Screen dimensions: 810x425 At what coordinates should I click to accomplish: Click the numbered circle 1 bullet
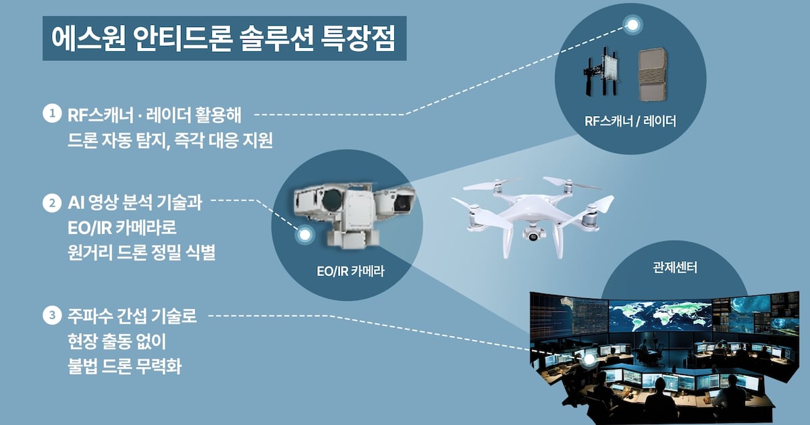coord(52,113)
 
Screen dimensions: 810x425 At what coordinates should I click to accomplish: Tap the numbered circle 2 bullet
coord(52,203)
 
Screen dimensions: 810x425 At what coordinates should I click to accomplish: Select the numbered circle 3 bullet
coord(52,315)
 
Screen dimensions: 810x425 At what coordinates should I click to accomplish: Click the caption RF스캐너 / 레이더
coord(630,121)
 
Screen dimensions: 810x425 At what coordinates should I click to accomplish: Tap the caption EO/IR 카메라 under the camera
coord(350,271)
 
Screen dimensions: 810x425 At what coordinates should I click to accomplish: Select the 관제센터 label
coord(675,268)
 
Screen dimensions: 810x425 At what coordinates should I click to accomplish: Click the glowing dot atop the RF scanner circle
coord(632,25)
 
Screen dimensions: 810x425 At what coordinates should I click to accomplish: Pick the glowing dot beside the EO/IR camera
coord(305,235)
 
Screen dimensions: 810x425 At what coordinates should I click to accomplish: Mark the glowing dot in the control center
coord(589,359)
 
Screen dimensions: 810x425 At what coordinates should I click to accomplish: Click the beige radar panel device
coord(653,75)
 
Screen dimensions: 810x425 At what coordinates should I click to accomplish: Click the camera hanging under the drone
coord(534,235)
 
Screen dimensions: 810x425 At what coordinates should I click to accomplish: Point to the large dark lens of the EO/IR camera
coord(332,200)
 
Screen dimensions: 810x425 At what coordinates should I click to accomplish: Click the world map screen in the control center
coord(660,316)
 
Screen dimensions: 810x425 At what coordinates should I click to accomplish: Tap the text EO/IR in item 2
coord(89,229)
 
